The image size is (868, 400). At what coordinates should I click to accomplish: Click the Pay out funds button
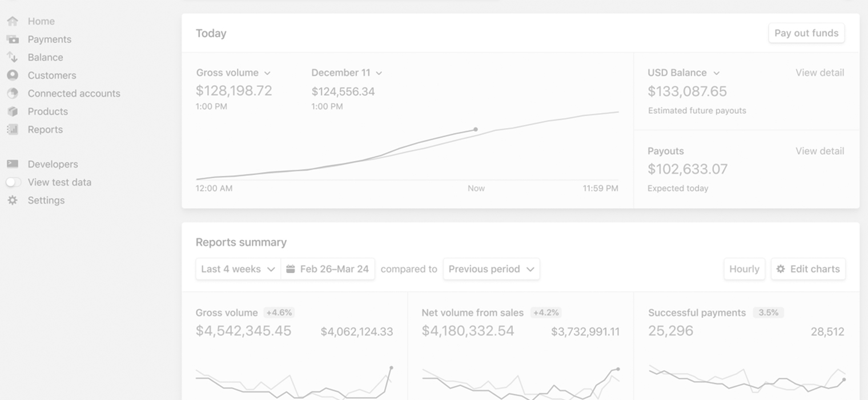pyautogui.click(x=806, y=33)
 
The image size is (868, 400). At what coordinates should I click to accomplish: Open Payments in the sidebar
pyautogui.click(x=49, y=39)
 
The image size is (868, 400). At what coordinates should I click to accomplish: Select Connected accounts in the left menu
pyautogui.click(x=74, y=93)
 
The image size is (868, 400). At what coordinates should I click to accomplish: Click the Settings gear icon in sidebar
pyautogui.click(x=13, y=201)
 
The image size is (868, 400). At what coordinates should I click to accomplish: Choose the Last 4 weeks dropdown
pyautogui.click(x=238, y=269)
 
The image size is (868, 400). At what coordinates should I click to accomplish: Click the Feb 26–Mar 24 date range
pyautogui.click(x=328, y=269)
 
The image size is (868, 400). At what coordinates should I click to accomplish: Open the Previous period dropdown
pyautogui.click(x=491, y=269)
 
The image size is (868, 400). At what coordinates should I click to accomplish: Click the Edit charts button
pyautogui.click(x=808, y=269)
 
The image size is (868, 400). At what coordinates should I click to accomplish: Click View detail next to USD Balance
pyautogui.click(x=819, y=73)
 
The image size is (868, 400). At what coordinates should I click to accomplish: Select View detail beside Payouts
pyautogui.click(x=819, y=151)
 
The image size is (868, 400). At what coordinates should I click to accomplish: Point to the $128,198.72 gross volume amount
pyautogui.click(x=234, y=91)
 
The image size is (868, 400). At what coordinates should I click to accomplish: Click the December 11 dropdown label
pyautogui.click(x=346, y=73)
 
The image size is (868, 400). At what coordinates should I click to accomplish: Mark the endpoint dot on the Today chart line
pyautogui.click(x=476, y=130)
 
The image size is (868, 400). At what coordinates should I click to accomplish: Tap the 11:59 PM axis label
pyautogui.click(x=600, y=188)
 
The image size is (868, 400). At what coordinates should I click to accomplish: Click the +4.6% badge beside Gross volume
pyautogui.click(x=279, y=313)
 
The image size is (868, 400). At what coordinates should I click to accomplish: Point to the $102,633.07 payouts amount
pyautogui.click(x=688, y=169)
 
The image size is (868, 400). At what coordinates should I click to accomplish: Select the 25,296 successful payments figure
pyautogui.click(x=670, y=331)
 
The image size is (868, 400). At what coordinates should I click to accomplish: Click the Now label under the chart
pyautogui.click(x=476, y=188)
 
